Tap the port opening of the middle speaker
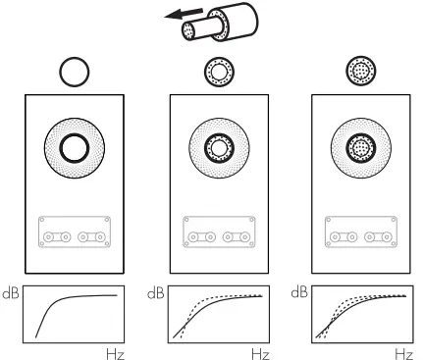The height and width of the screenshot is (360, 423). (x=217, y=149)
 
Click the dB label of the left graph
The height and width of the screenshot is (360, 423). (x=11, y=293)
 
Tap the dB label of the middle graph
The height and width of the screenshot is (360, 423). (x=155, y=293)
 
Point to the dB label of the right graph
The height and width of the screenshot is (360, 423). (x=299, y=293)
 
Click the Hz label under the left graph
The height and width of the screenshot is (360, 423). (x=115, y=351)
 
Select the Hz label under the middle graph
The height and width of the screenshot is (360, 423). (x=259, y=351)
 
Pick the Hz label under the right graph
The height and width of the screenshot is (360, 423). (x=402, y=351)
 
